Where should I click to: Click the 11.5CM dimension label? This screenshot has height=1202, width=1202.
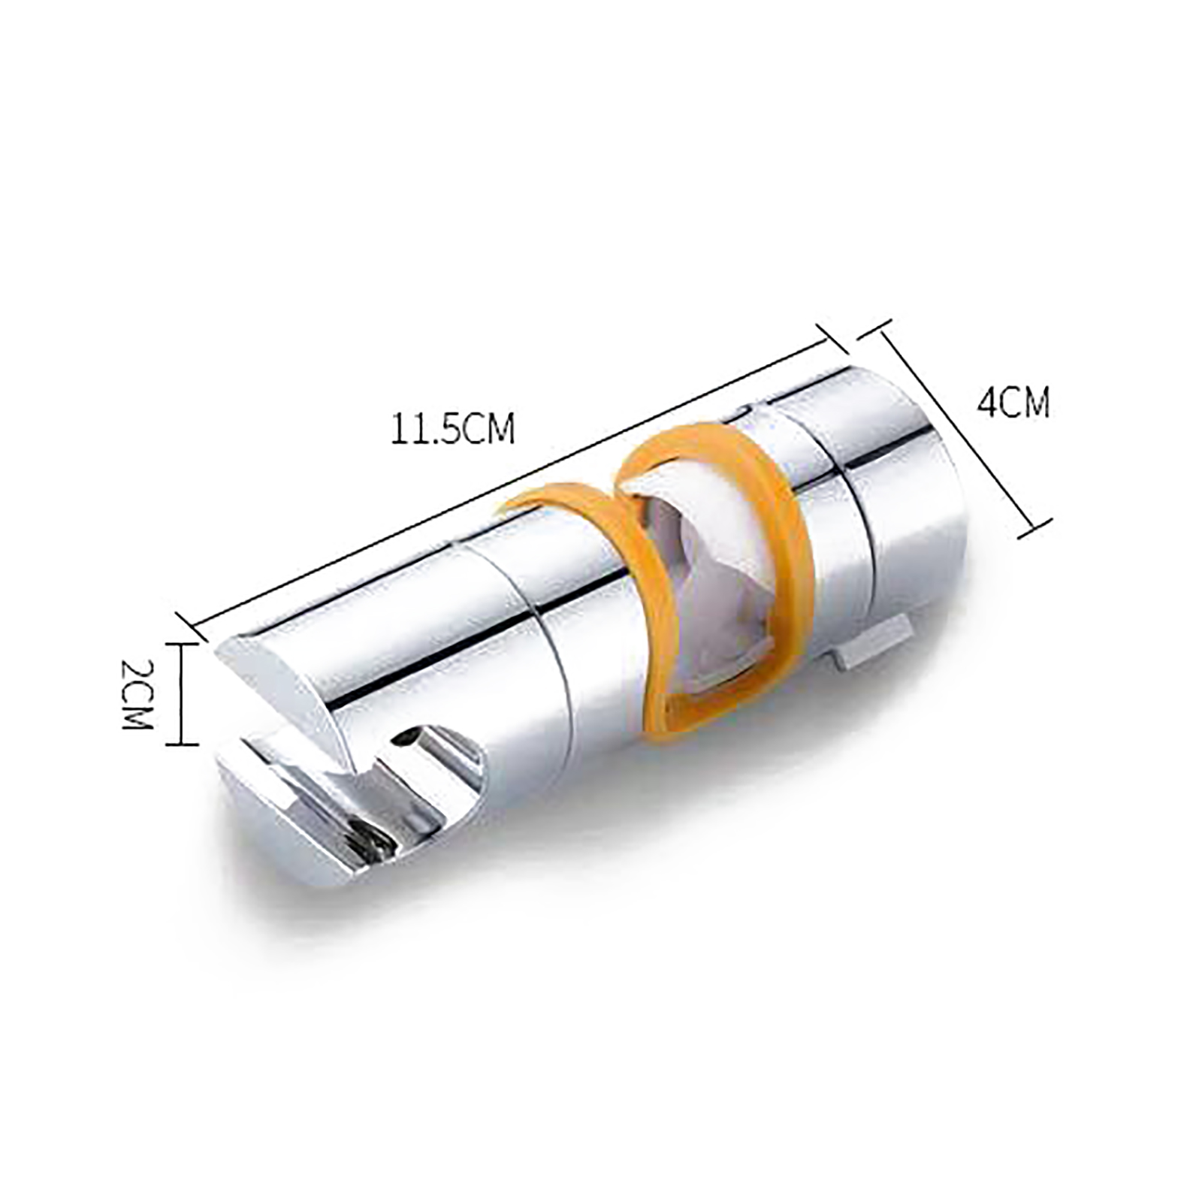pos(452,430)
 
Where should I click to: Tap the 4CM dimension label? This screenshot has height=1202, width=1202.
pos(1013,403)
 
